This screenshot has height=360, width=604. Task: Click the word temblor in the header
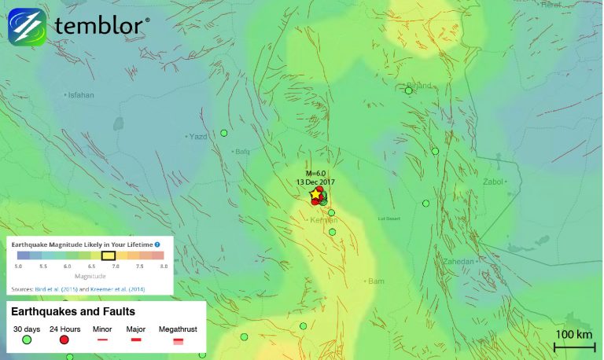tap(100, 26)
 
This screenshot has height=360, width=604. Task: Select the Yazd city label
tap(198, 136)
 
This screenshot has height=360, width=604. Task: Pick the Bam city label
tap(376, 280)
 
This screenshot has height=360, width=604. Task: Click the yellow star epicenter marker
tap(315, 193)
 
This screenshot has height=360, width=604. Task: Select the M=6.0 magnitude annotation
tap(315, 173)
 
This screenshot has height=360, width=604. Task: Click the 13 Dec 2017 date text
tap(316, 182)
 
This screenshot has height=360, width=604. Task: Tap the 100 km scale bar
tap(574, 347)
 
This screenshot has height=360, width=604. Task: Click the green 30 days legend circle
tap(26, 340)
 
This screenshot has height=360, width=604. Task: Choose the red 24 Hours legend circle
tap(64, 340)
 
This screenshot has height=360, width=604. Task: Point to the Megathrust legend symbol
tap(178, 340)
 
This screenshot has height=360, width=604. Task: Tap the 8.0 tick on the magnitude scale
tap(163, 267)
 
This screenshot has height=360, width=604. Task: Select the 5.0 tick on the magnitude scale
tap(18, 267)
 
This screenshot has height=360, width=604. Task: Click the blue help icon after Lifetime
tap(157, 245)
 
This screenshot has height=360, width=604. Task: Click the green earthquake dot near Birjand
tap(409, 90)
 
